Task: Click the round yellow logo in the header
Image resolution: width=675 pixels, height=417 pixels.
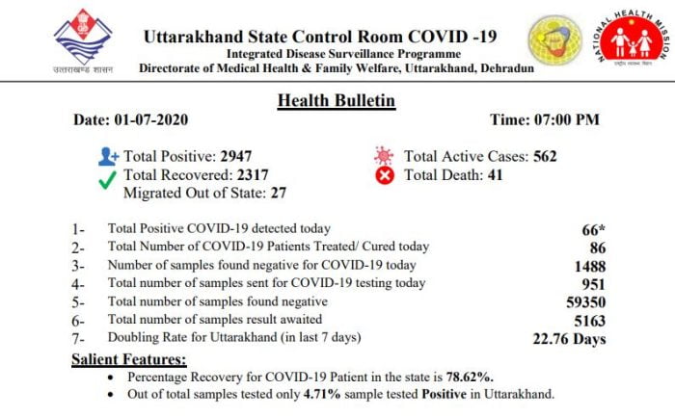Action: [x=554, y=39]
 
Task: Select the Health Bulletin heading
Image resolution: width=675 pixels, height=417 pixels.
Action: [x=336, y=100]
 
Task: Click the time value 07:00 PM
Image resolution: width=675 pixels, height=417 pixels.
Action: [x=571, y=120]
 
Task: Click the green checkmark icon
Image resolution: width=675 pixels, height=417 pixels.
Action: [x=108, y=175]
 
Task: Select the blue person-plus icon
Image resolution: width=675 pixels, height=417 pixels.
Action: [x=108, y=156]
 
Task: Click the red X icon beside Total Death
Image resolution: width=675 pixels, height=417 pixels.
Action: [x=385, y=175]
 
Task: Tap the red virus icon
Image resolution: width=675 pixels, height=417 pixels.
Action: [x=385, y=156]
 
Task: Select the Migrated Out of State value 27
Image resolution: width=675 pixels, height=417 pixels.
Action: [x=278, y=194]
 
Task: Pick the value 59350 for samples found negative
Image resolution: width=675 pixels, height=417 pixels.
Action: [x=585, y=301]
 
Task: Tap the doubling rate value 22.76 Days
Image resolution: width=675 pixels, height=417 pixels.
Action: [x=569, y=338]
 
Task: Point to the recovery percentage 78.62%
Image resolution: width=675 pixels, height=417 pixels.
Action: [x=472, y=377]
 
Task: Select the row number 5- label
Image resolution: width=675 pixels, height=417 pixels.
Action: [x=79, y=302]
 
